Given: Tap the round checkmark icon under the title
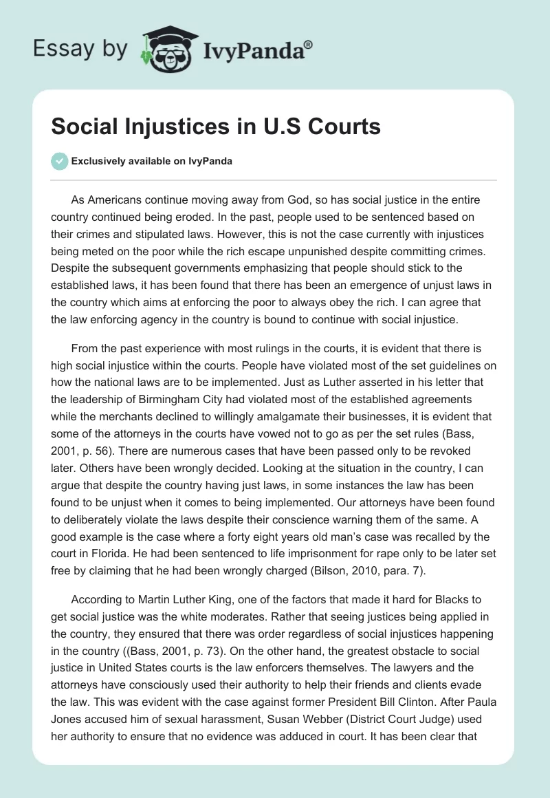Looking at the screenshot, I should coord(60,161).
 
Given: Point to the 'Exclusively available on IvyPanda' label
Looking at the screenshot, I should coord(152,162).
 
